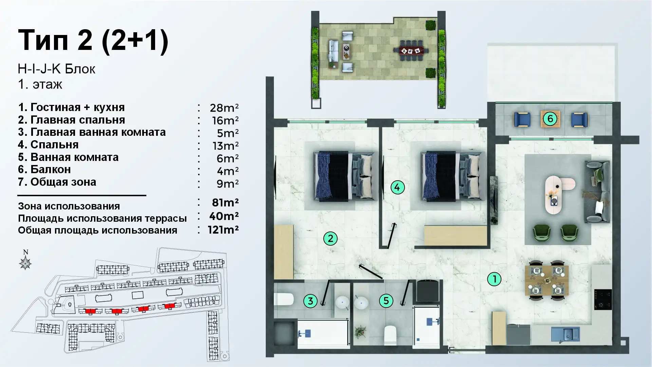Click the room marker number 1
(494, 279)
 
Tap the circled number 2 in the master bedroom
(330, 238)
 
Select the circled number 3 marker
(310, 300)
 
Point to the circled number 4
(397, 187)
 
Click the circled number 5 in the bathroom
(386, 300)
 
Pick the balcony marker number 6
(550, 119)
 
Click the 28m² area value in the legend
(224, 108)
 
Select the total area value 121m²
(223, 230)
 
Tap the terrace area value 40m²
(224, 216)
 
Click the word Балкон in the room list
(51, 169)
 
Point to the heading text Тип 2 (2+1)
(93, 40)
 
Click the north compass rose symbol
(25, 263)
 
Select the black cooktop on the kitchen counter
(603, 299)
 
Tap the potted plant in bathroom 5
(360, 331)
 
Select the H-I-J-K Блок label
(57, 69)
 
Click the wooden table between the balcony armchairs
(550, 119)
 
